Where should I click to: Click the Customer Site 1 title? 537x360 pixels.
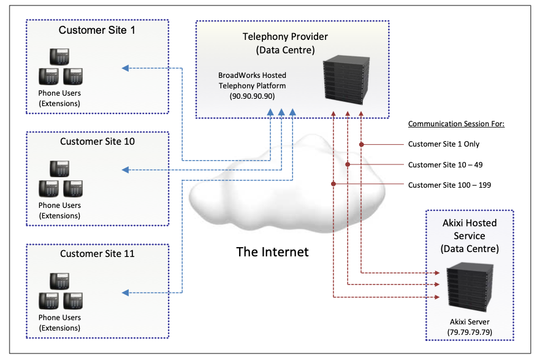97,30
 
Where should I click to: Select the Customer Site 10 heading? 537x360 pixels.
97,142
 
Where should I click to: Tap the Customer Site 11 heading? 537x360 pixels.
97,253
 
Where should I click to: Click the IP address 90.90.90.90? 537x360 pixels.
252,97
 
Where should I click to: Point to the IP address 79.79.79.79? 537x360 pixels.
469,332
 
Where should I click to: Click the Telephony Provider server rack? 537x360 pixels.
346,80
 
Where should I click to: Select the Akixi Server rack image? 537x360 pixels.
469,288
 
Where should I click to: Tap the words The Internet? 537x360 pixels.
272,251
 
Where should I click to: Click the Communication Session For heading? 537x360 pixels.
456,124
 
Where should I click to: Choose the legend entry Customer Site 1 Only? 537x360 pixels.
444,144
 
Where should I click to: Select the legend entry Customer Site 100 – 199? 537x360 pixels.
449,185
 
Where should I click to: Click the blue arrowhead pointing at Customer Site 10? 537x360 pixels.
125,169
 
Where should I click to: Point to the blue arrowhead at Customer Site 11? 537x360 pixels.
125,293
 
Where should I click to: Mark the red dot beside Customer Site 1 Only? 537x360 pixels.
362,145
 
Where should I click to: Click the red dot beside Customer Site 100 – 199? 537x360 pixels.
333,184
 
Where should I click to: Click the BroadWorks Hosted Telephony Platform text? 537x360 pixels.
252,81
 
